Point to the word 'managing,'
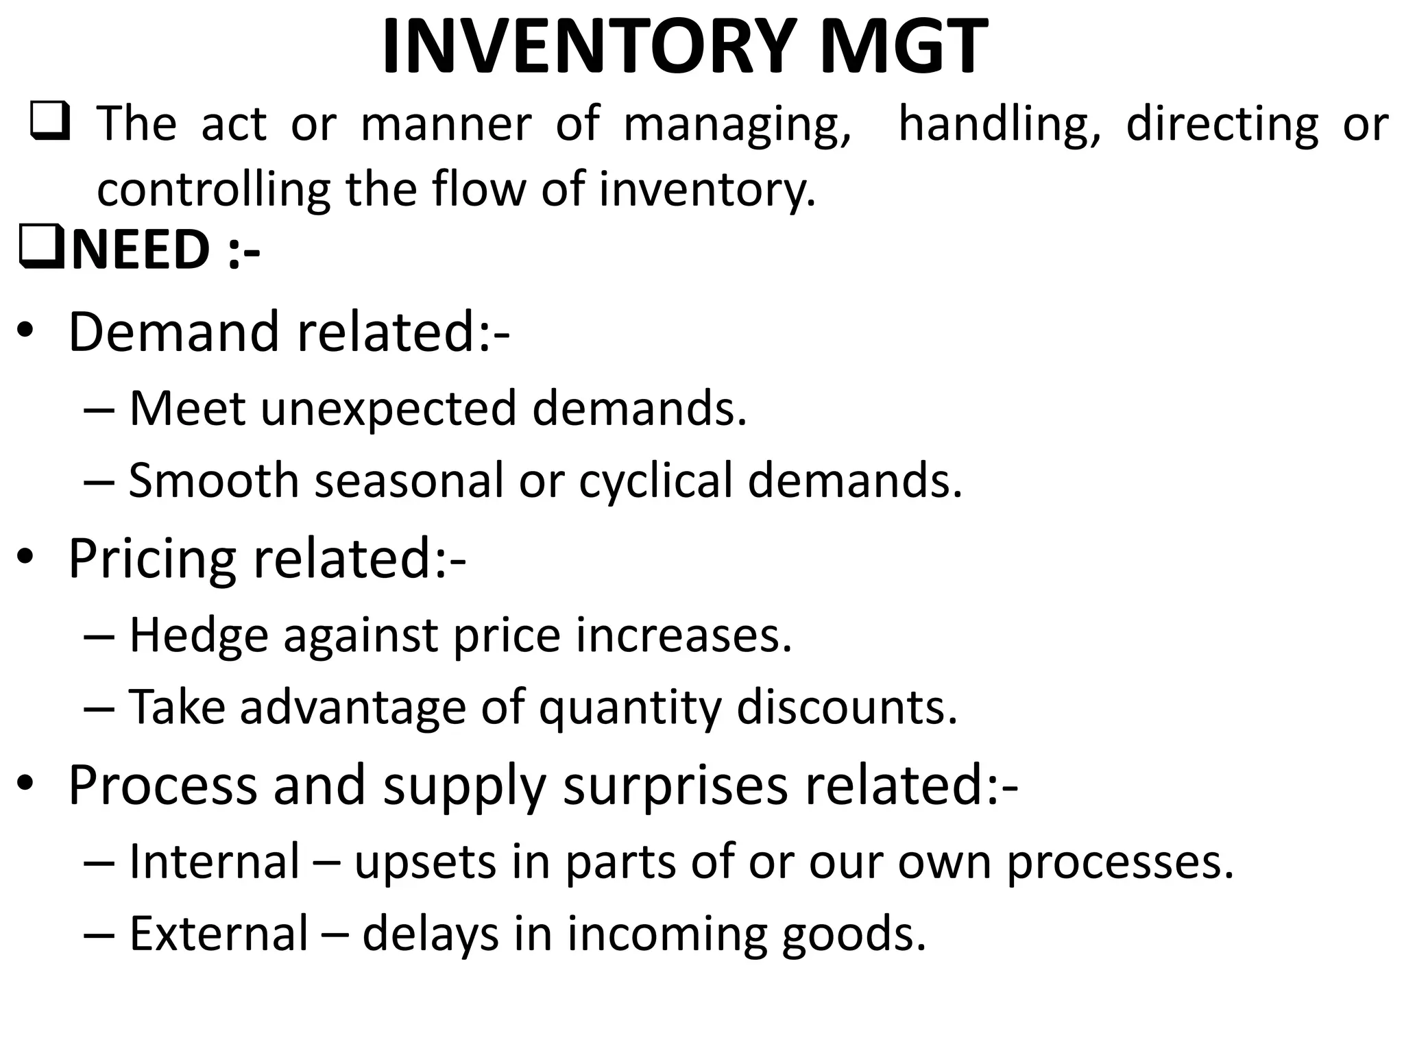(x=738, y=125)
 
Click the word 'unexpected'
(x=388, y=410)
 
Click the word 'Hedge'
(x=198, y=636)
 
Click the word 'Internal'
(x=215, y=862)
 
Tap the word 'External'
(x=219, y=934)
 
